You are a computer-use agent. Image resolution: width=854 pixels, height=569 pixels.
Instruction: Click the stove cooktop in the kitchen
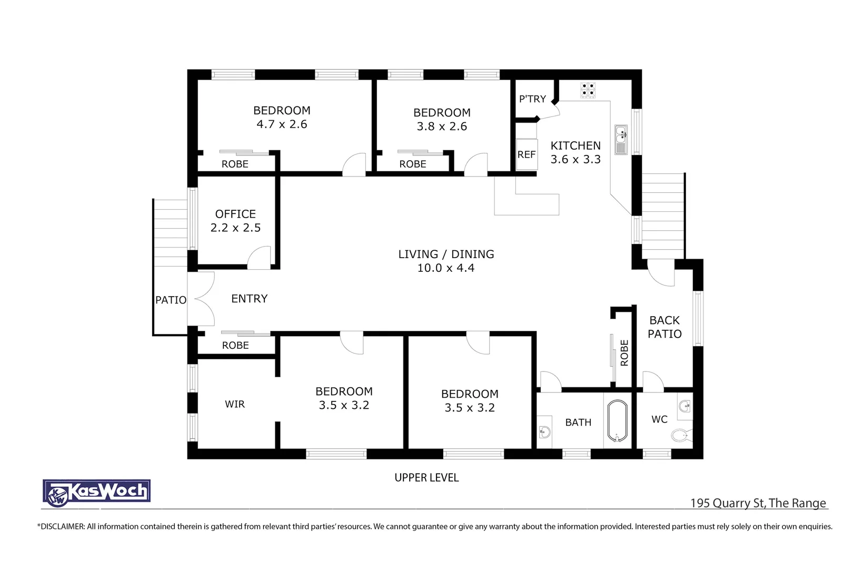pos(588,90)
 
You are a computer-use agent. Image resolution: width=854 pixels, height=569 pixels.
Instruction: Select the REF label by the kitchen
pos(526,154)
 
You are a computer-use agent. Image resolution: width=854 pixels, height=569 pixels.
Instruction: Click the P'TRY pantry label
pos(532,99)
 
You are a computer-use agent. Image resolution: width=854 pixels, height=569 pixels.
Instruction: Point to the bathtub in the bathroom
pos(618,421)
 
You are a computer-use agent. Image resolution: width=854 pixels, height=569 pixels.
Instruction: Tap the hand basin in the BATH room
pos(544,433)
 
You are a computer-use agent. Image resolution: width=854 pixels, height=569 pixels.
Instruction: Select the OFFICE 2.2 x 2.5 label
pos(235,221)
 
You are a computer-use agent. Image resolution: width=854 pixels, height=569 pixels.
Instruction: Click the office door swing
pos(259,258)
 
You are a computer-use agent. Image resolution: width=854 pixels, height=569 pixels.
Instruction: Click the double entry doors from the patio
pos(202,299)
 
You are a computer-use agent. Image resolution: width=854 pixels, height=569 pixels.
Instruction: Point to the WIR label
pos(235,404)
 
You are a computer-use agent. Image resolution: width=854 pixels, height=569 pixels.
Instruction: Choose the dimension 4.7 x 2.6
pos(282,124)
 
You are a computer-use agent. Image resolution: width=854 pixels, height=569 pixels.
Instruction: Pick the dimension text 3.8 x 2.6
pos(442,126)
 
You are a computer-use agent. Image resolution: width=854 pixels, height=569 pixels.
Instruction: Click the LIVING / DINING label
pos(446,254)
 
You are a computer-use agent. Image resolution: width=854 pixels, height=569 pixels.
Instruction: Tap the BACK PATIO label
pos(664,327)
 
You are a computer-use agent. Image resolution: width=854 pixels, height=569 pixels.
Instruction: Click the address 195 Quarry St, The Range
pos(758,503)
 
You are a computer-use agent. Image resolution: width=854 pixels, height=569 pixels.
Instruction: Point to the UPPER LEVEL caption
pos(426,478)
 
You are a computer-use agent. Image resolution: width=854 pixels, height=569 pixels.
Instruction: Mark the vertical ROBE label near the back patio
pos(624,353)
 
